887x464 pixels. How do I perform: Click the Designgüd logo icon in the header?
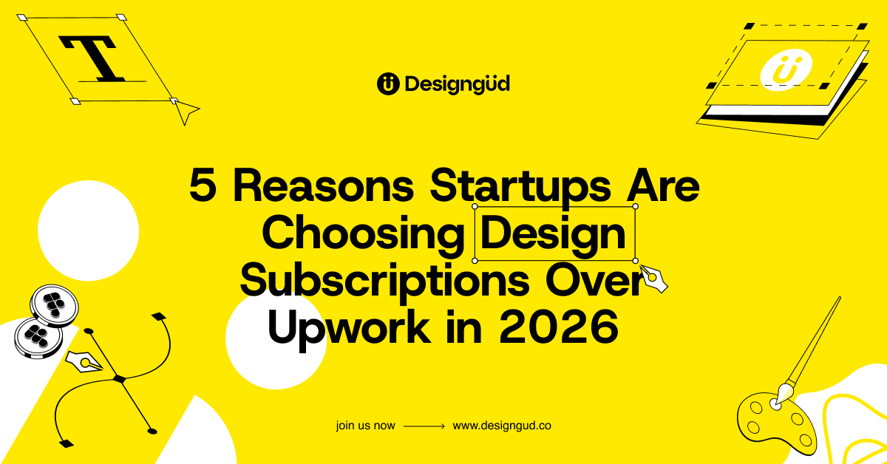click(388, 84)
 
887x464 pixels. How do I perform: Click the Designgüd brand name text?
click(458, 84)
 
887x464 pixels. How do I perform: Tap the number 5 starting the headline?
click(203, 185)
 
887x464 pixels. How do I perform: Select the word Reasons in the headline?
click(324, 185)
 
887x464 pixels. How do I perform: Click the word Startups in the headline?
click(520, 187)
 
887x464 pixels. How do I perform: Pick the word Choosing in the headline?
click(363, 234)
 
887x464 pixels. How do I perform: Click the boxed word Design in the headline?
click(553, 234)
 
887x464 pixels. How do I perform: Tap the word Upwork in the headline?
click(349, 329)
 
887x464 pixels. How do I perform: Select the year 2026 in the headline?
click(559, 327)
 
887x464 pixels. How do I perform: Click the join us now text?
click(365, 426)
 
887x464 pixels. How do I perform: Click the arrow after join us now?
click(424, 426)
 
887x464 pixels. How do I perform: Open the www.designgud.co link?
click(502, 426)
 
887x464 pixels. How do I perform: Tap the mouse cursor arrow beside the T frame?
click(186, 112)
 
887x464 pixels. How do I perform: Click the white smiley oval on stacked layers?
click(786, 70)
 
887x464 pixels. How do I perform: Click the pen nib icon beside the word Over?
click(653, 279)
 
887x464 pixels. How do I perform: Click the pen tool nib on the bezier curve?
click(84, 362)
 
